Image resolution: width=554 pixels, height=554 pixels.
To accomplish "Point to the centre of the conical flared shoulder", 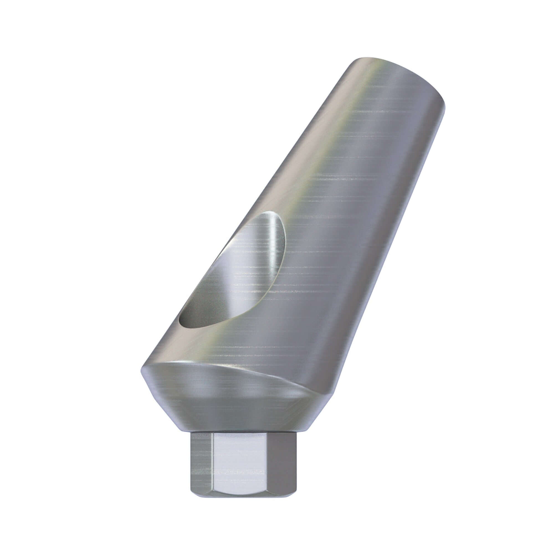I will [229, 401].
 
